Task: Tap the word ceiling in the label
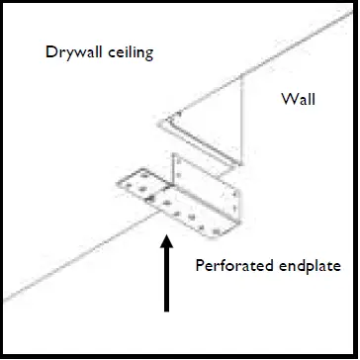(x=130, y=52)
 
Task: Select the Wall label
(x=298, y=100)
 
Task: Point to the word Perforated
(x=228, y=265)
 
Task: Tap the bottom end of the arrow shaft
(x=166, y=310)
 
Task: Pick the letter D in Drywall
(x=50, y=51)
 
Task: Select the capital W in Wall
(x=286, y=100)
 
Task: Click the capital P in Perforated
(x=199, y=265)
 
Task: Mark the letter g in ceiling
(x=148, y=54)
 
